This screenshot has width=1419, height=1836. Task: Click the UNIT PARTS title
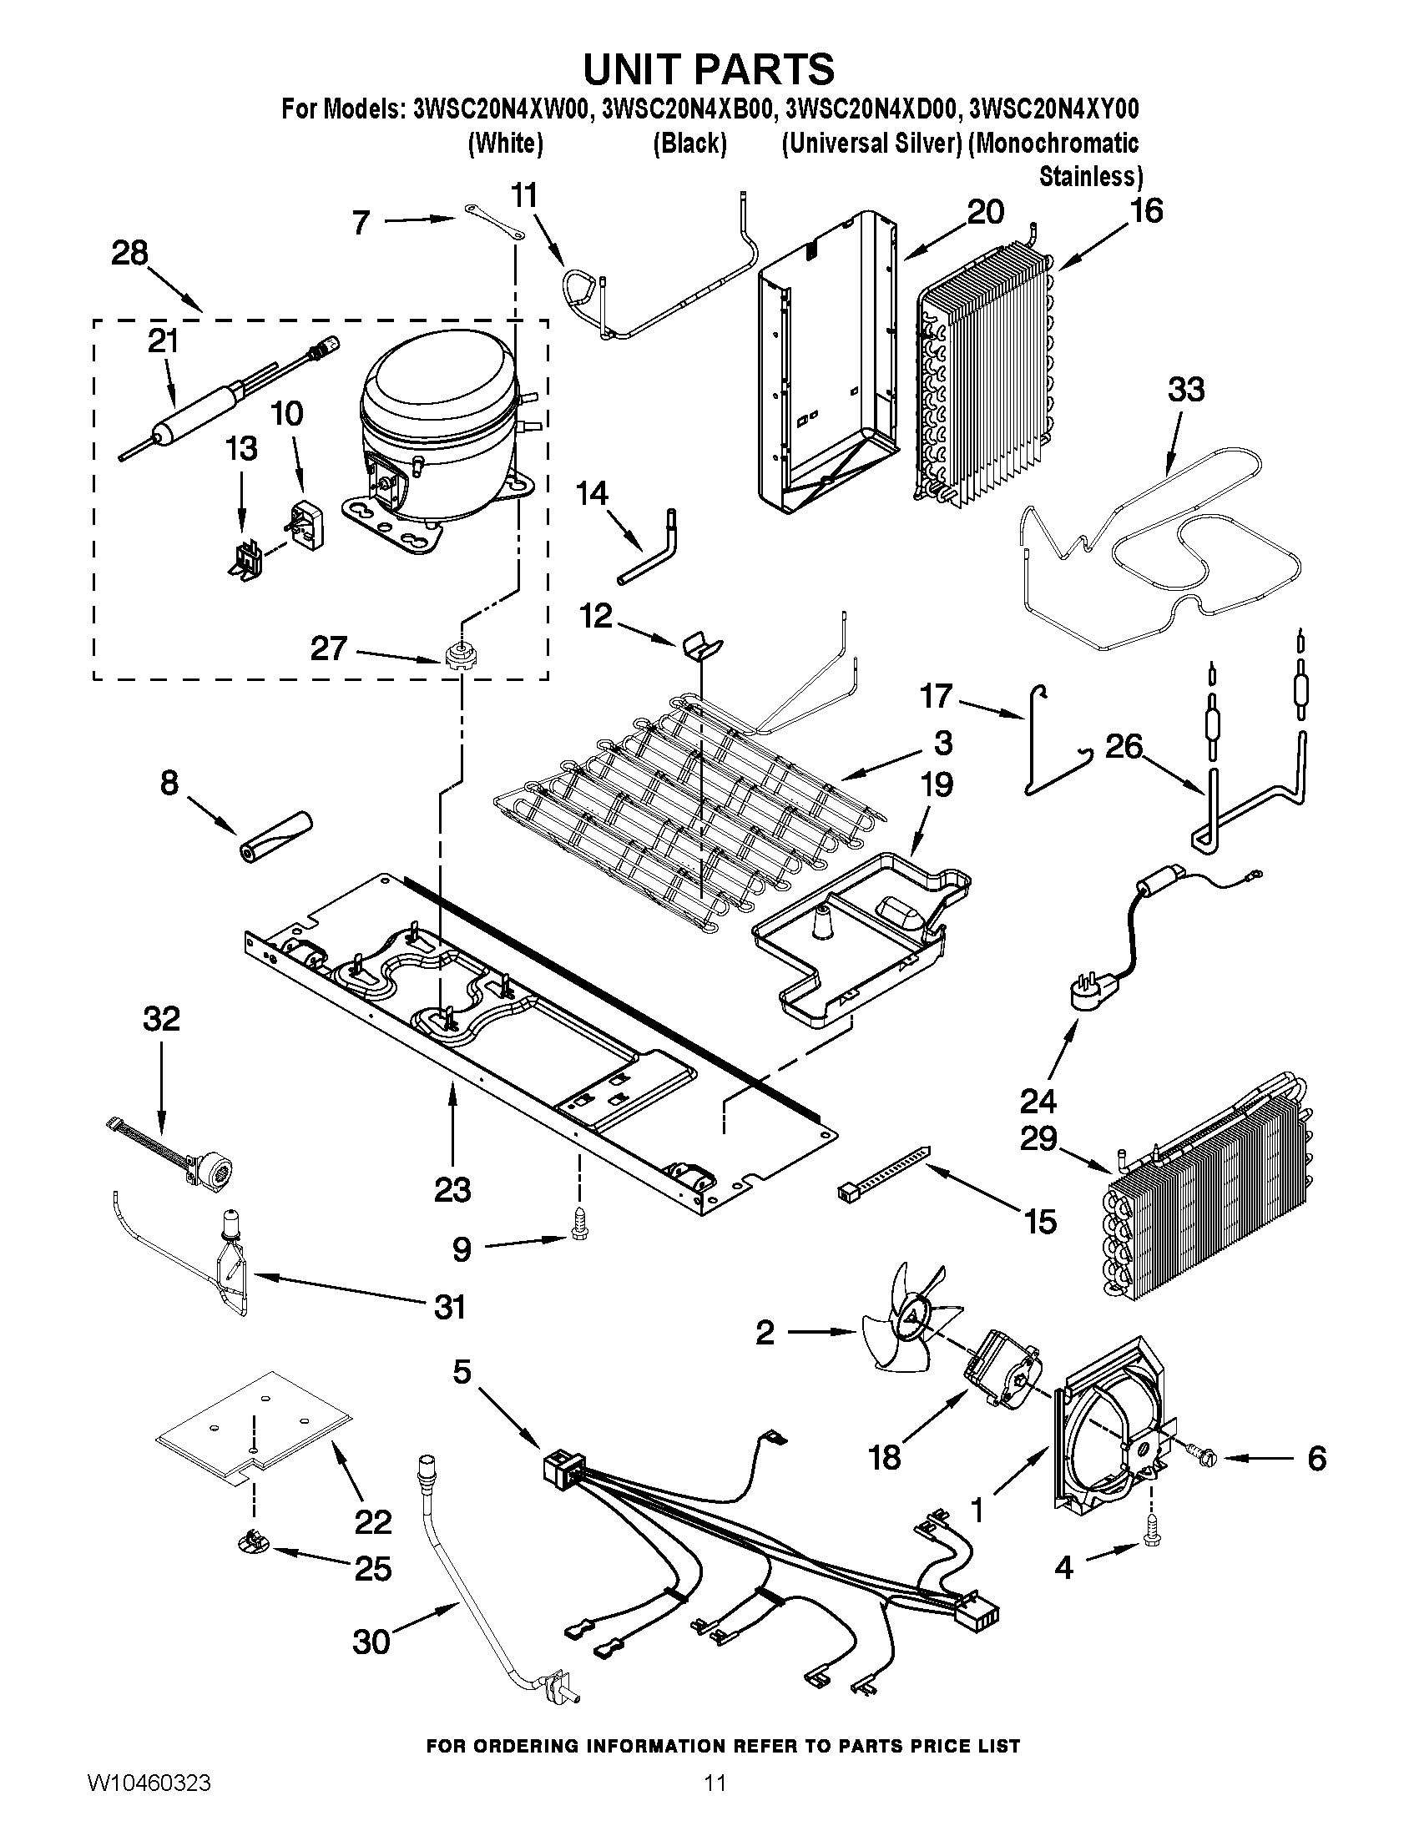709,69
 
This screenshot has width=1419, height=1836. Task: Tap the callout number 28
129,253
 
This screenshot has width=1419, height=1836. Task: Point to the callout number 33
1185,390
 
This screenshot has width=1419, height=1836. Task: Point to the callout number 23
452,1189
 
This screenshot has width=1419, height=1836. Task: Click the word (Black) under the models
689,144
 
